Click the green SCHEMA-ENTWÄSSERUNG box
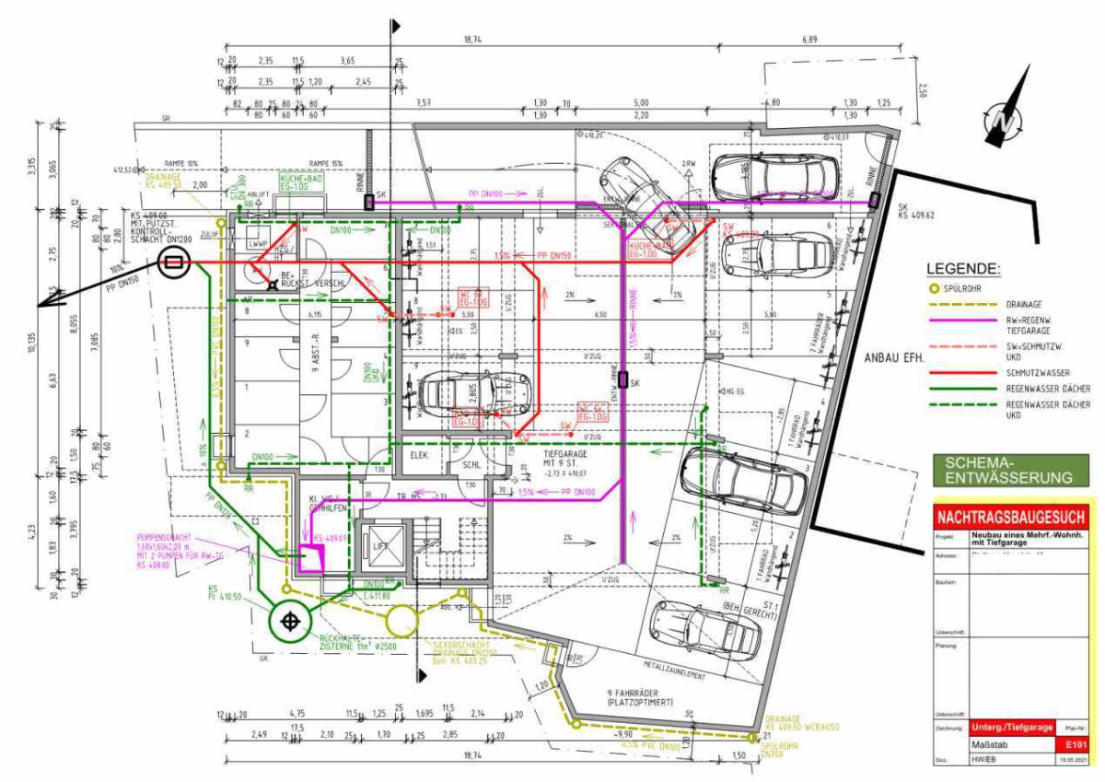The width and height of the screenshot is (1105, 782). point(1009,469)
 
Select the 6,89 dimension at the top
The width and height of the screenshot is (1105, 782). point(809,41)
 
